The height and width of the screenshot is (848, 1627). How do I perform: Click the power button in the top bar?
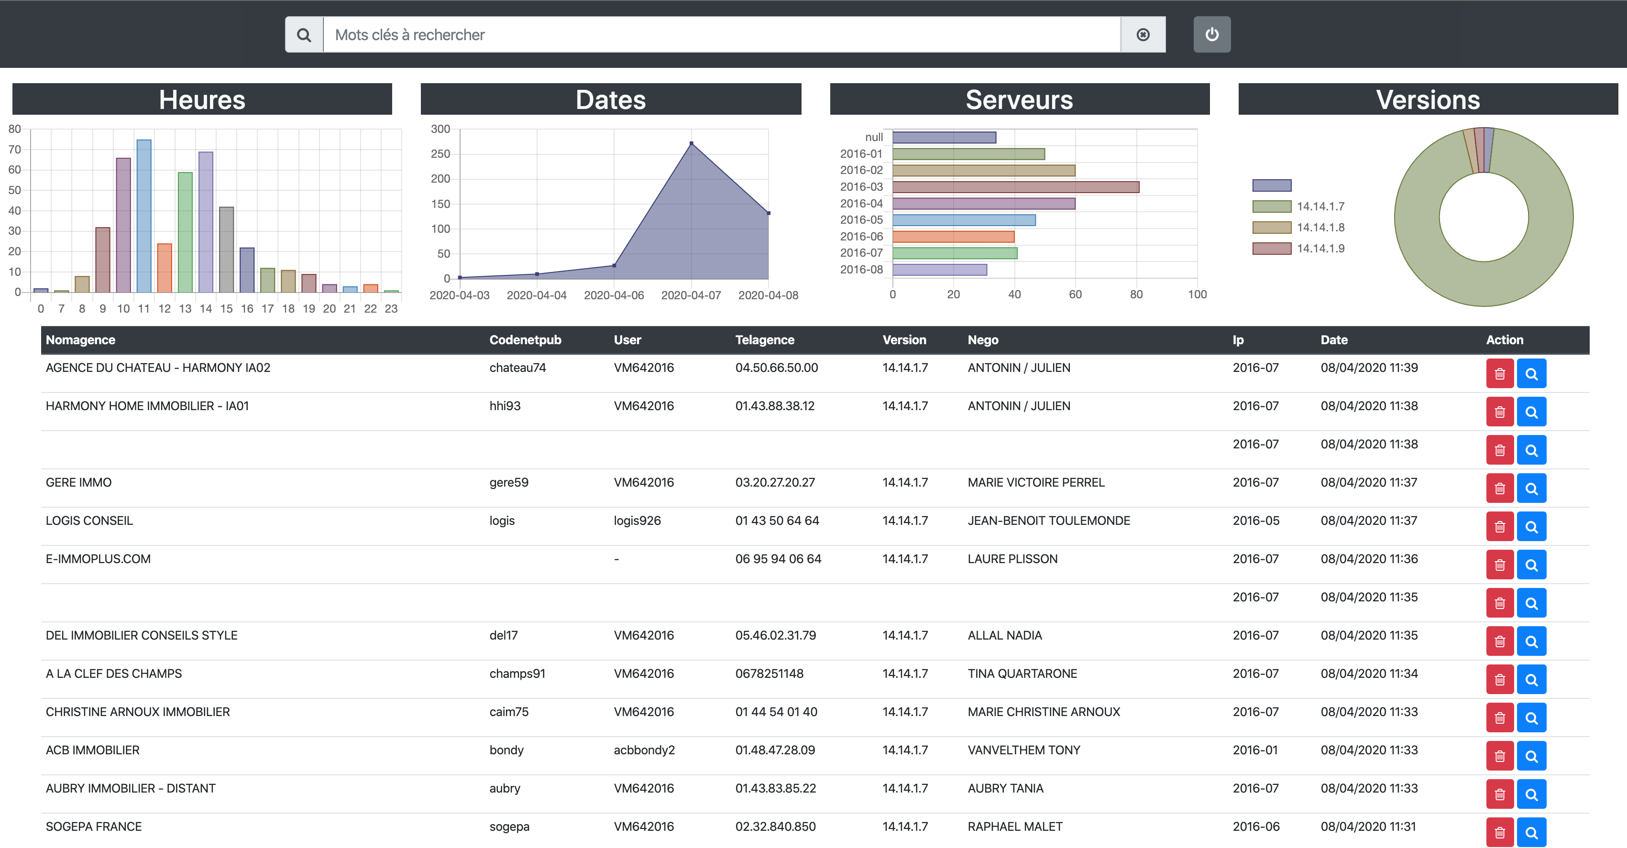click(1211, 35)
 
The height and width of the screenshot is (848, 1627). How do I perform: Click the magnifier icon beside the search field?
click(304, 35)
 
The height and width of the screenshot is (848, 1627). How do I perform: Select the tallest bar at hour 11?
click(144, 216)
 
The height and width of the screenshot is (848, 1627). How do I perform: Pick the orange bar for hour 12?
click(164, 268)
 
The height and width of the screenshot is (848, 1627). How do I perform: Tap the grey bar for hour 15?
click(226, 250)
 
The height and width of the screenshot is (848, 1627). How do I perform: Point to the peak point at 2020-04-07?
click(692, 144)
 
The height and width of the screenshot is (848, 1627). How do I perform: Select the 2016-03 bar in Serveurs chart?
click(1016, 187)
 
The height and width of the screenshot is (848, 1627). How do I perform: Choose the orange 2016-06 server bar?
click(953, 237)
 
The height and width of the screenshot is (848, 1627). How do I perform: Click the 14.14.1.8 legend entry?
click(1320, 228)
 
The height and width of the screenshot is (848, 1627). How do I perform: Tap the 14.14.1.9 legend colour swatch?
click(1271, 249)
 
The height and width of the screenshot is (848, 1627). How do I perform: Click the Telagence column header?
click(764, 340)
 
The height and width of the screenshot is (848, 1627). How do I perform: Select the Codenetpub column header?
click(525, 340)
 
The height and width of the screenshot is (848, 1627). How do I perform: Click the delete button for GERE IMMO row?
click(1499, 489)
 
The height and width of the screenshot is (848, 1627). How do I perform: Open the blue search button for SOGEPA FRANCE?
click(1531, 832)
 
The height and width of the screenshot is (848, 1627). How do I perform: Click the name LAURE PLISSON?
click(1012, 559)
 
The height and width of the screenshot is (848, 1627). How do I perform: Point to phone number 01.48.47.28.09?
click(775, 750)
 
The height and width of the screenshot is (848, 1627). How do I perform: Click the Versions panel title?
click(1428, 100)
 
